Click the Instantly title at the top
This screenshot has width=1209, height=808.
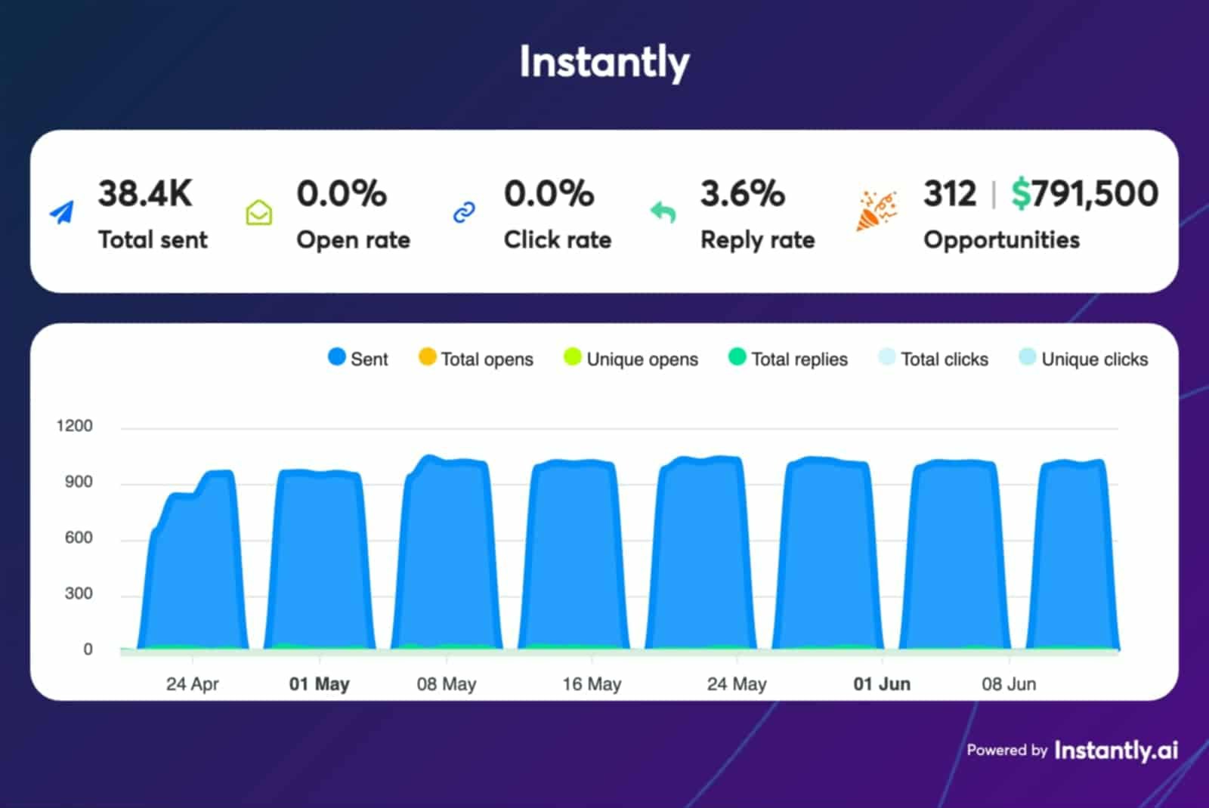[604, 62]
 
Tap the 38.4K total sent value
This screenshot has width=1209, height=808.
[145, 193]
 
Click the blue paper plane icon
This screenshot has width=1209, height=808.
[62, 213]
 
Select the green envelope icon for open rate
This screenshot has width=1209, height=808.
[259, 213]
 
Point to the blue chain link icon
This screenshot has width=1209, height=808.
[464, 213]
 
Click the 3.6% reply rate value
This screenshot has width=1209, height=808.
[742, 193]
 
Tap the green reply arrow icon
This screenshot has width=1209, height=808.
[663, 212]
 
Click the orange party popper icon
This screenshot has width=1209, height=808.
[876, 211]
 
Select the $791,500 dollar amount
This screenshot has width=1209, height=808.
[1084, 193]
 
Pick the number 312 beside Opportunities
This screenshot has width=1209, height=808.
[950, 193]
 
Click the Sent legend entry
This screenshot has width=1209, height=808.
[358, 359]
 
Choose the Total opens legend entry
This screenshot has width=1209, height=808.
[476, 359]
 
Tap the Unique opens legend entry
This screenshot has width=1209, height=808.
[631, 359]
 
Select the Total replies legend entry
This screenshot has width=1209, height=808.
[788, 359]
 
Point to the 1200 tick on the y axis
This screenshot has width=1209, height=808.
[75, 426]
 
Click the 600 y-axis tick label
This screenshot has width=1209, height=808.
[79, 538]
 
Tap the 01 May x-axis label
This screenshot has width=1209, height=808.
[319, 684]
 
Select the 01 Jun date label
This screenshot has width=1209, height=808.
[882, 684]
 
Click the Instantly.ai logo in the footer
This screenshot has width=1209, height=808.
[1115, 751]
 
